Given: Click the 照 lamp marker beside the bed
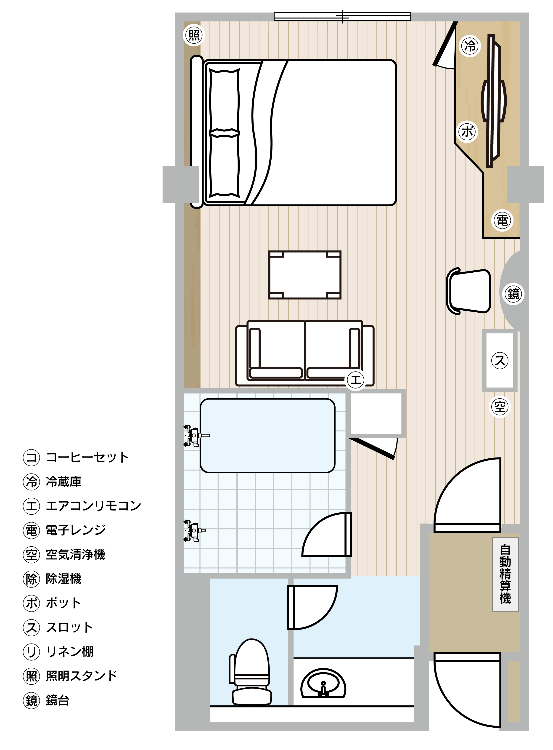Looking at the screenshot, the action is pos(194,35).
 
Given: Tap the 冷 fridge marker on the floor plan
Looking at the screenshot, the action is pos(470,46).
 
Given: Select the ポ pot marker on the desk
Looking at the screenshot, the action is pos(468,132).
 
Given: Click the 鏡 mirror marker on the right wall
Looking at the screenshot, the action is pos(513,294).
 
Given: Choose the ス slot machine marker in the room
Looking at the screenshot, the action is pos(500,360).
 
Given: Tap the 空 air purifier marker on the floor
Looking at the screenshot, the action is pos(500,407).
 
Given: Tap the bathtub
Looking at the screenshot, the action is pos(267,435).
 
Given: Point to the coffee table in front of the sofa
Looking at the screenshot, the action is pos(305,275).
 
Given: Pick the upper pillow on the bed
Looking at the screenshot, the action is pos(225,101).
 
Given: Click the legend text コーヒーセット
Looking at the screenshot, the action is pos(87,457).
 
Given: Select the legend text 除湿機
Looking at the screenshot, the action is pos(64,579).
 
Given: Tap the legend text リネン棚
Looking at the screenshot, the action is pos(70,652).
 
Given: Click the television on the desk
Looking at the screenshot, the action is pos(493,101).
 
